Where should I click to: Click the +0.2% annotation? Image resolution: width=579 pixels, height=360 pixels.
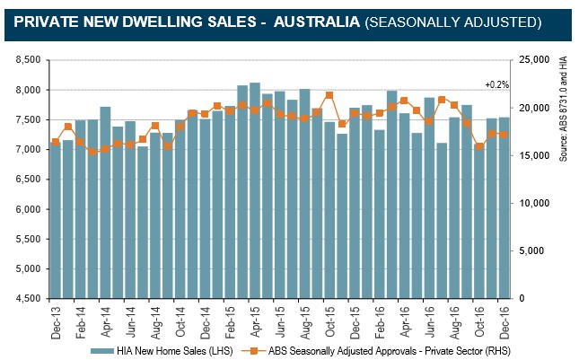coord(496,84)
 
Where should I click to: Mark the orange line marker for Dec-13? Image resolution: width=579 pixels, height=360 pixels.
coord(56,142)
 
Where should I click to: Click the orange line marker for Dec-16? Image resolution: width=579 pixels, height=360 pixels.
coord(504,135)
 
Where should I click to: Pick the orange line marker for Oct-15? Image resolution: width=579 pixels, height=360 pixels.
coord(329,95)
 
